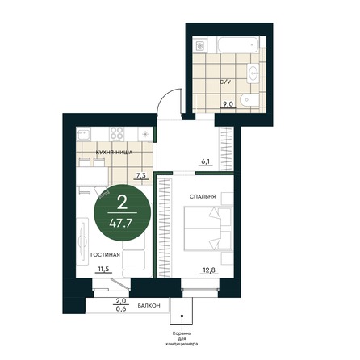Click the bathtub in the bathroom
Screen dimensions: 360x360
pos(238,45)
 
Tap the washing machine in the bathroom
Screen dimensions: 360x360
pos(200,45)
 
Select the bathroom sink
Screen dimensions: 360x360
pos(253,72)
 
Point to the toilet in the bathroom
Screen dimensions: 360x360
pos(249,100)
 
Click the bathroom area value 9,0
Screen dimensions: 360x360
pos(228,104)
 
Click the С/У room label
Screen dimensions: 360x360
pos(225,82)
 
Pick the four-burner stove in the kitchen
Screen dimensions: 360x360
pos(117,133)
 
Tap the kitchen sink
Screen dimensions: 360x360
pos(84,134)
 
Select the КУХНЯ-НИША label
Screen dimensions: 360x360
pos(114,153)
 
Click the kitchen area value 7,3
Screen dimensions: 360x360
pos(140,176)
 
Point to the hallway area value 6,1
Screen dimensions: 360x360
pos(205,161)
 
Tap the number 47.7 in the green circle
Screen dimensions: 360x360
pos(122,223)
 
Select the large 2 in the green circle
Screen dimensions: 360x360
pos(122,203)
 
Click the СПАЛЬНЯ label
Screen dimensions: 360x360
pos(203,197)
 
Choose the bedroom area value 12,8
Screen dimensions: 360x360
pos(209,270)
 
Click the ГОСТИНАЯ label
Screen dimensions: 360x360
pos(105,254)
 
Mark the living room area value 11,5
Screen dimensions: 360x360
pos(103,269)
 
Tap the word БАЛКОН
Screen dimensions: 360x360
pos(149,306)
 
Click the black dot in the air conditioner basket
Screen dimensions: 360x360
pos(182,316)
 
